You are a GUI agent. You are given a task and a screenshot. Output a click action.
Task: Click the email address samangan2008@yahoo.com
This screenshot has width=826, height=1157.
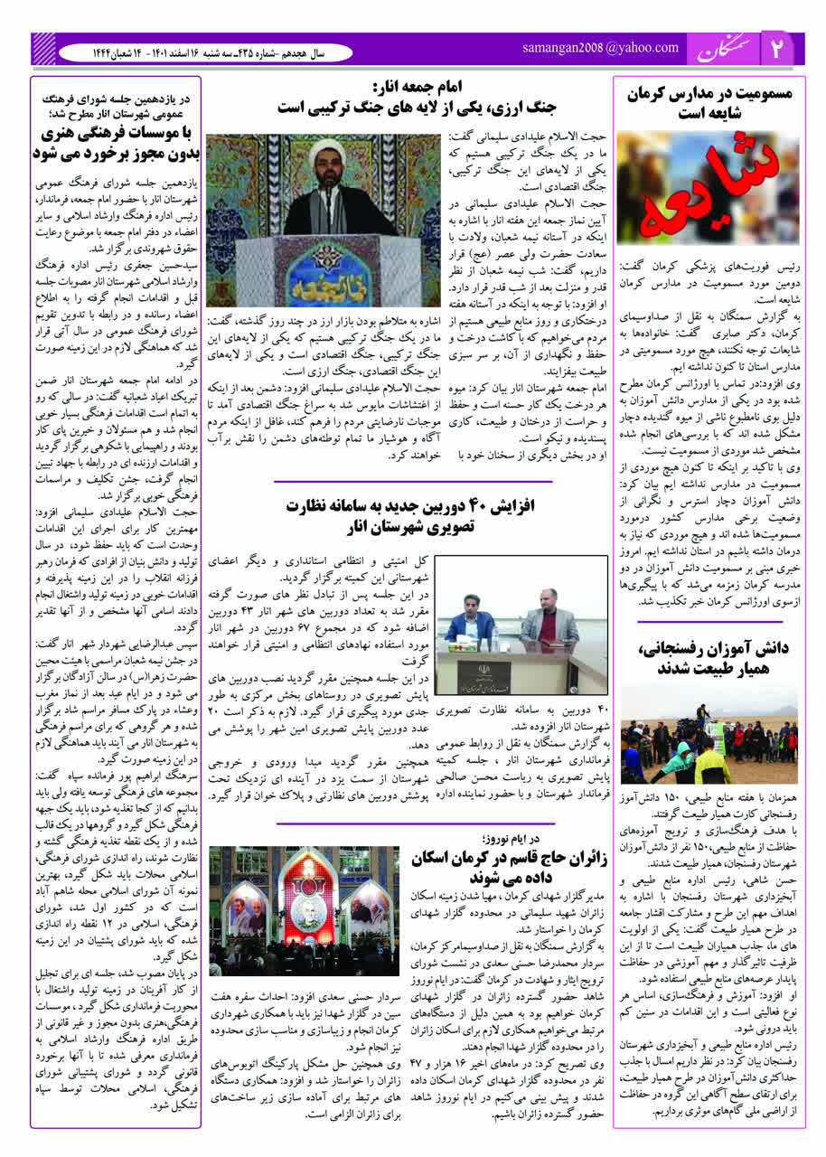tap(600, 48)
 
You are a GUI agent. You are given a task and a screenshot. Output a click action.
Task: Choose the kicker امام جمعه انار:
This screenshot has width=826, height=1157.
tap(418, 87)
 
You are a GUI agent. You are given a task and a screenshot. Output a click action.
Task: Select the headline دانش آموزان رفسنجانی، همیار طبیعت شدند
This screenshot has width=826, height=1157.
tap(708, 658)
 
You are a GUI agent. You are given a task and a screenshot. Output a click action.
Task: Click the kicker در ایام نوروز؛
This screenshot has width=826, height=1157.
tap(486, 838)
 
